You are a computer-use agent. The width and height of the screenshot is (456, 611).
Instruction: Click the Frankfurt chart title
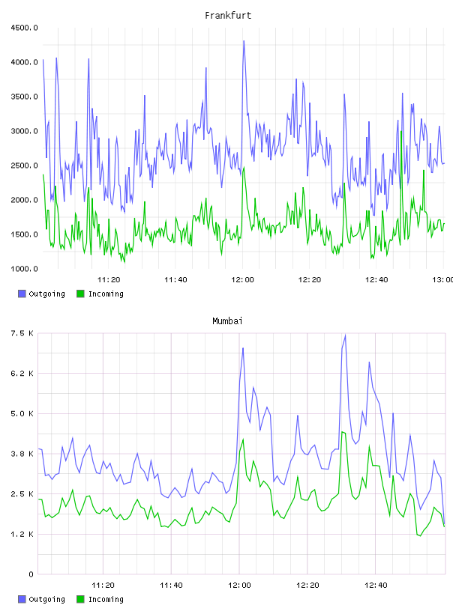tap(228, 16)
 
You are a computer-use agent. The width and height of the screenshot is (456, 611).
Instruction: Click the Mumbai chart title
tap(227, 321)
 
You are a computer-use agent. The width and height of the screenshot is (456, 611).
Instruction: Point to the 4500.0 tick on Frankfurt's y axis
tap(24, 28)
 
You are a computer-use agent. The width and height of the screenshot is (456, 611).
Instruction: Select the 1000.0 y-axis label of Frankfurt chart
tap(24, 269)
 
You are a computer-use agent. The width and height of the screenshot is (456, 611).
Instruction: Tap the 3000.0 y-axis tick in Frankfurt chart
tap(24, 131)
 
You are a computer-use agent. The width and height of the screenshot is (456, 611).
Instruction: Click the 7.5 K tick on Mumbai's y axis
tap(22, 333)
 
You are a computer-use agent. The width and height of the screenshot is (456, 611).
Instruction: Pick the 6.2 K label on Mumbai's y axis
tap(22, 374)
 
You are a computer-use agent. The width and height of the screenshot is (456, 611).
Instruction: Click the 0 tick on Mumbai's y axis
tap(31, 574)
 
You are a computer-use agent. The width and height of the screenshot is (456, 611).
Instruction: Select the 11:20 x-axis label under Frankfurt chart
tap(109, 279)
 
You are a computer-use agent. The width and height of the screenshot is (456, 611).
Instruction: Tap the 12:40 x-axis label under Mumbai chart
tap(376, 585)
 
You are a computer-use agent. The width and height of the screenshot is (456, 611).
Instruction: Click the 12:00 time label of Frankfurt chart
tap(242, 279)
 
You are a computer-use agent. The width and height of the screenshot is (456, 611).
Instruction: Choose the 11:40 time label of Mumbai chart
tap(171, 585)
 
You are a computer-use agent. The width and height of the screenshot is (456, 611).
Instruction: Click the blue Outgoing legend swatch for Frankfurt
tap(22, 294)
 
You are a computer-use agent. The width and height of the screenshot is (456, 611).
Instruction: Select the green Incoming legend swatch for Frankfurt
tap(80, 294)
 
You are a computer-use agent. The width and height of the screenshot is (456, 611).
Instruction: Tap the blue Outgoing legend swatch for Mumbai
tap(22, 599)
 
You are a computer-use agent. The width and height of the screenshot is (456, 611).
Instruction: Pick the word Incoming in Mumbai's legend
tap(106, 599)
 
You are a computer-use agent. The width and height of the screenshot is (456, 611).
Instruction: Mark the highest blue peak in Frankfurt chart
tap(244, 41)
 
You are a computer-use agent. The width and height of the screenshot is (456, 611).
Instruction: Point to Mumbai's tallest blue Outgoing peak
tap(345, 335)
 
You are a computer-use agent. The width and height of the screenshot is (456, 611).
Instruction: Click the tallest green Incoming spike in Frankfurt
tap(401, 132)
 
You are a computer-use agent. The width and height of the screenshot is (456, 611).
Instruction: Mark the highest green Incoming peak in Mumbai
tap(342, 432)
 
